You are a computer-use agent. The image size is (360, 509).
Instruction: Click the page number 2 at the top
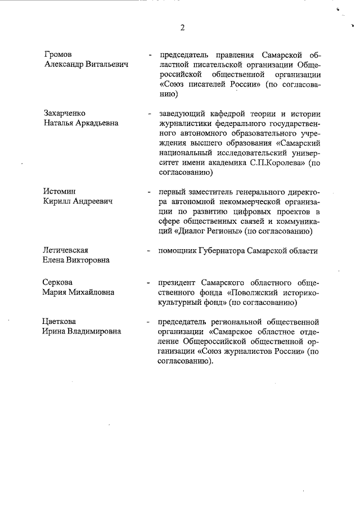pos(182,28)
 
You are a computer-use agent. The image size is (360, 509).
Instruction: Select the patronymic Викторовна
pos(86,260)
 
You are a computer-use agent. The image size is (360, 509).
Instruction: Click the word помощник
pos(180,251)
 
